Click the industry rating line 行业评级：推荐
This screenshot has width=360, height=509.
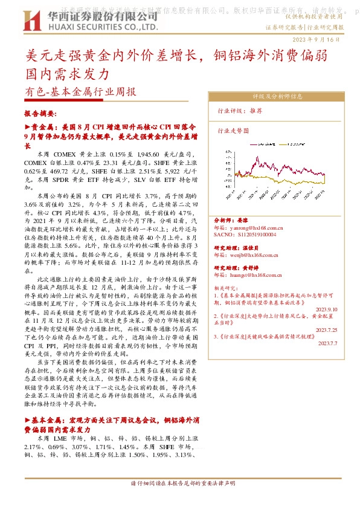tap(240, 111)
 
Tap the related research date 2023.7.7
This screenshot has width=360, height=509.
tap(328, 343)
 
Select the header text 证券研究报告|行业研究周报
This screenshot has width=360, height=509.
tap(304, 28)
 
